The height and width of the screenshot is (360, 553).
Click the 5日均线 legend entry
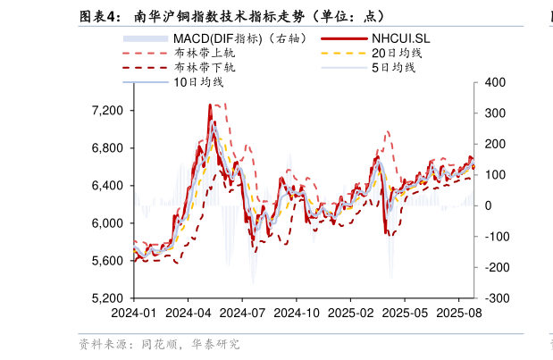pos(393,68)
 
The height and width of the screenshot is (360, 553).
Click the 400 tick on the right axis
pos(496,83)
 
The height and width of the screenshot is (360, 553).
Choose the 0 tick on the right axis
pos(489,205)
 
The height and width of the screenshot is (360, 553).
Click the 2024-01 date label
pos(134,314)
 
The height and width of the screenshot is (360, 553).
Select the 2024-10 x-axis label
pos(297,314)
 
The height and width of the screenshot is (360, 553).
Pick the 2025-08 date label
pos(459,314)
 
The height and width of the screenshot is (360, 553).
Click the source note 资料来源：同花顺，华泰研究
pos(158,344)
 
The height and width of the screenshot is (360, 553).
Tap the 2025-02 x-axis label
pos(351,314)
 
